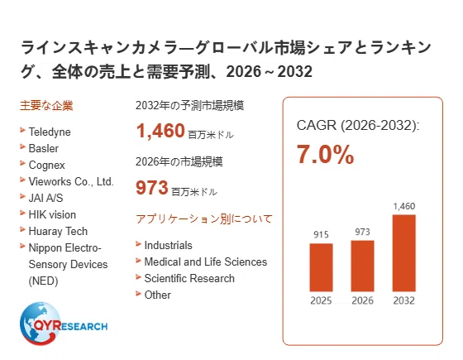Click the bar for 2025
321,267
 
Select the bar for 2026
362,266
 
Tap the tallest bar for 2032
404,253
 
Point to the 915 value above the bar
321,235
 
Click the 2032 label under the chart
404,300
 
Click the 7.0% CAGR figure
325,154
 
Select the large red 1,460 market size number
160,131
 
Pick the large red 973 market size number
152,187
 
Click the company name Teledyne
50,132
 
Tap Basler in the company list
43,148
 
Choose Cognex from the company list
46,165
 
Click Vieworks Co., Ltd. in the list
71,181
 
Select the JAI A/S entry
45,198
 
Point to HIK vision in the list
52,214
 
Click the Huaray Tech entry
58,231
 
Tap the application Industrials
168,245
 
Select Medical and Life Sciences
206,262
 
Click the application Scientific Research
189,278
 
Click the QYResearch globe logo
64,324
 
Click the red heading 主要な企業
46,106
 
